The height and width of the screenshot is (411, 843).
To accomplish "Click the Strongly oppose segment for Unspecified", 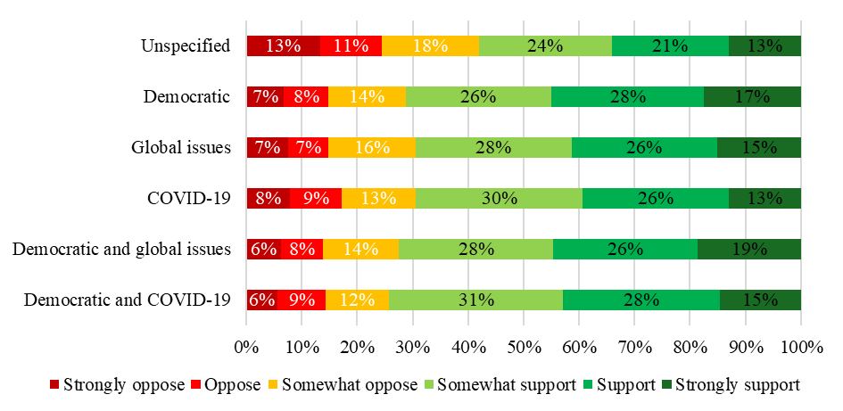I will pyautogui.click(x=283, y=46).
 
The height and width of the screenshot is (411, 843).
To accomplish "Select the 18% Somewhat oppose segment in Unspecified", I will pyautogui.click(x=430, y=46).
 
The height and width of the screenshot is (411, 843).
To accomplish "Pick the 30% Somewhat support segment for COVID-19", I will pyautogui.click(x=498, y=199).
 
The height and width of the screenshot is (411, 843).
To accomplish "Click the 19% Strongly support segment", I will pyautogui.click(x=748, y=250).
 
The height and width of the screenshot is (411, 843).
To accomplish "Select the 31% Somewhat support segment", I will pyautogui.click(x=475, y=300).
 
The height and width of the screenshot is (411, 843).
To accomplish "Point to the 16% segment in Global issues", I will pyautogui.click(x=371, y=148).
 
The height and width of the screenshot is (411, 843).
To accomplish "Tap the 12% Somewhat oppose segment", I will pyautogui.click(x=356, y=300).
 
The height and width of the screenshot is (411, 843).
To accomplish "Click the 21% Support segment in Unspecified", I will pyautogui.click(x=670, y=46).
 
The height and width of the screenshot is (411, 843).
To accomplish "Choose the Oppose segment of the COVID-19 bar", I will pyautogui.click(x=315, y=199).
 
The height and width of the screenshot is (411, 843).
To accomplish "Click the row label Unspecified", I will pyautogui.click(x=186, y=46).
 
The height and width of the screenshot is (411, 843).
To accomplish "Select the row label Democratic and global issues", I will pyautogui.click(x=121, y=250).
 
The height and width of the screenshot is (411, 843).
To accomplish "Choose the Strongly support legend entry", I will pyautogui.click(x=738, y=385).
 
